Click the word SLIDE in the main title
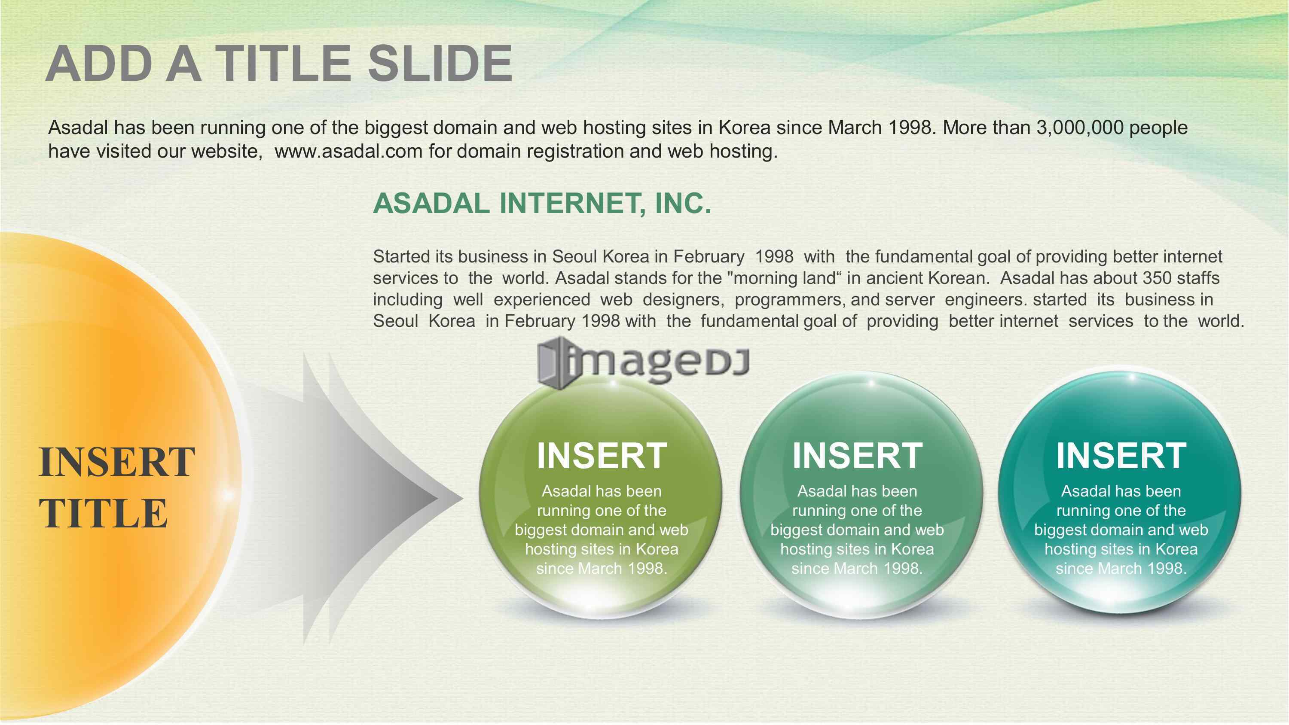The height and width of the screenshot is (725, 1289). pyautogui.click(x=440, y=64)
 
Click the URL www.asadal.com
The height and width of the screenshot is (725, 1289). pyautogui.click(x=348, y=151)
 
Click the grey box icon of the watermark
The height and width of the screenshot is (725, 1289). pyautogui.click(x=554, y=362)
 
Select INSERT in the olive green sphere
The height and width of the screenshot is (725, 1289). pyautogui.click(x=602, y=456)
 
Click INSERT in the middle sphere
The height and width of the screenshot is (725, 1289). pyautogui.click(x=857, y=456)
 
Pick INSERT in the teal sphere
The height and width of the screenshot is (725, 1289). pyautogui.click(x=1121, y=456)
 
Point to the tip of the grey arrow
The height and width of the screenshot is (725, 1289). pyautogui.click(x=463, y=498)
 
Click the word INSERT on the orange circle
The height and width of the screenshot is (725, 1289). pyautogui.click(x=116, y=462)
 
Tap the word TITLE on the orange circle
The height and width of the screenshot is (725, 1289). pyautogui.click(x=103, y=513)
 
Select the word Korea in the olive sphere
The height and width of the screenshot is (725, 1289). pyautogui.click(x=657, y=549)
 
